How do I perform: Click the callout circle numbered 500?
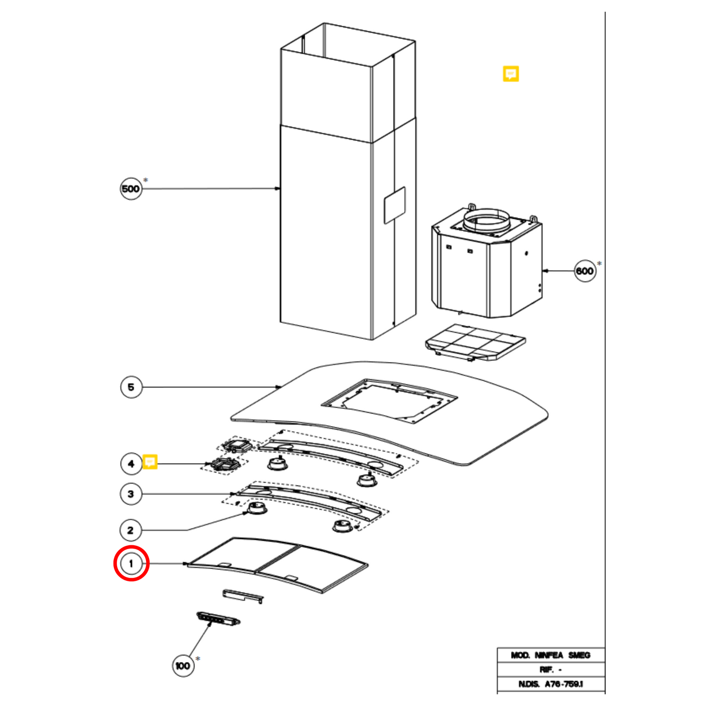[x=131, y=189]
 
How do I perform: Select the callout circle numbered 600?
[x=584, y=271]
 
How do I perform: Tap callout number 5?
[x=131, y=387]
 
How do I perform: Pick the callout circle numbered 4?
[x=131, y=464]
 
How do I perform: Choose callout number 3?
[x=131, y=494]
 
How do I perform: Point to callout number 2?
[x=131, y=530]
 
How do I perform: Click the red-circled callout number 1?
[x=131, y=563]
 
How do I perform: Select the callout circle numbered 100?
[x=183, y=665]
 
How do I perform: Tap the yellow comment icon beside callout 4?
[x=150, y=462]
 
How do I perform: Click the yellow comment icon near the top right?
[x=511, y=74]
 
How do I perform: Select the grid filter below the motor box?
[x=475, y=342]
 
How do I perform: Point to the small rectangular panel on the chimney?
[x=394, y=205]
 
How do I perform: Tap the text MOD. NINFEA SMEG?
[x=551, y=655]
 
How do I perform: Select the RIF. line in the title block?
[x=551, y=670]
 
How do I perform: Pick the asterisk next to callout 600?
[x=599, y=264]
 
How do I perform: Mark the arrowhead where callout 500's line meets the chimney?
[x=278, y=189]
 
